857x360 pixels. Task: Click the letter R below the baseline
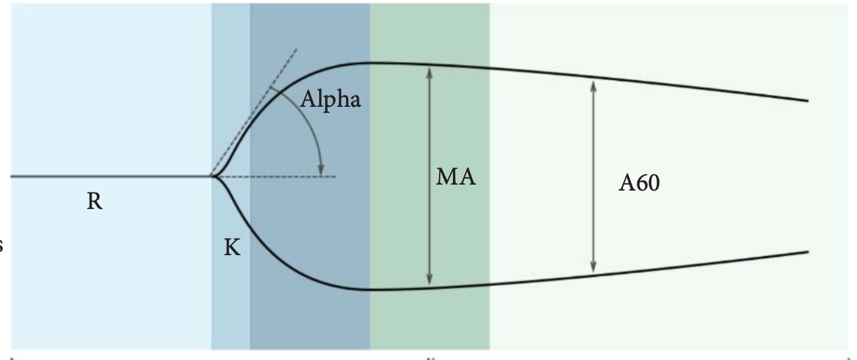[94, 201]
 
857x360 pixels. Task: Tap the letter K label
[232, 247]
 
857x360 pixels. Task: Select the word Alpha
[330, 100]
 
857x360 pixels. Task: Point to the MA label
[456, 177]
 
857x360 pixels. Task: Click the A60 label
[639, 183]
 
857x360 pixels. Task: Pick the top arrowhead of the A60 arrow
[593, 84]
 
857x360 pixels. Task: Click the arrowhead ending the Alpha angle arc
[322, 170]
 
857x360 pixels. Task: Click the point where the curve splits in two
[212, 176]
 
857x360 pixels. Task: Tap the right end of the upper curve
[808, 101]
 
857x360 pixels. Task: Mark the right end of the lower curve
[808, 252]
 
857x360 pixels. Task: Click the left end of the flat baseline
[12, 177]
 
